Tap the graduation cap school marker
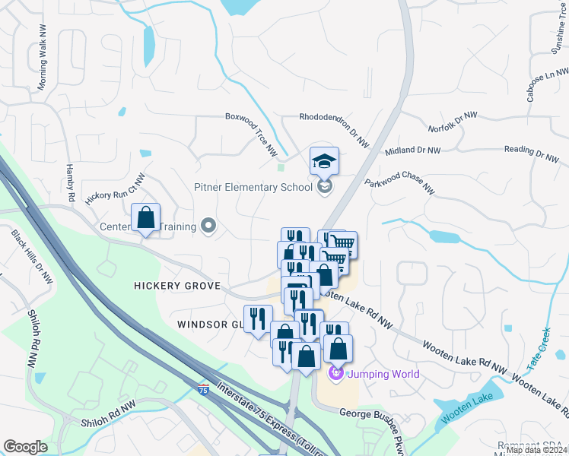(324, 162)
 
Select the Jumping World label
(383, 374)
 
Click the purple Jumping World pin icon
(335, 373)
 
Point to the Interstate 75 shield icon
(203, 388)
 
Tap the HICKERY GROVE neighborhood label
(176, 286)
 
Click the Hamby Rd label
(71, 182)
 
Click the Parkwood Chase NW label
(399, 186)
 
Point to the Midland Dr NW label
(413, 150)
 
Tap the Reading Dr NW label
(531, 154)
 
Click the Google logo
(25, 446)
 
